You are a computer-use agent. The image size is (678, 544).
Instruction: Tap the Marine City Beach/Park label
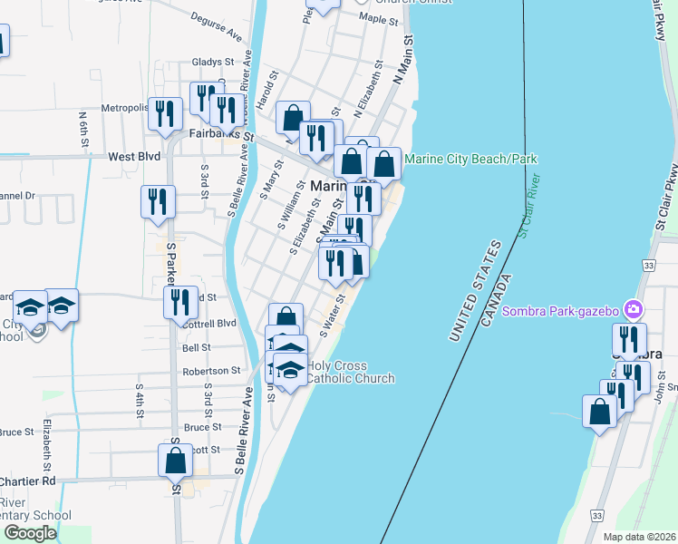(x=470, y=159)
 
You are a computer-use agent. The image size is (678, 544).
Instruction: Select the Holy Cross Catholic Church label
(x=350, y=372)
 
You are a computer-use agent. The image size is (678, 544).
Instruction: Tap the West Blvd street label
(x=134, y=156)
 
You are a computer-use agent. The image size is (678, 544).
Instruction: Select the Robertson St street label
(x=210, y=371)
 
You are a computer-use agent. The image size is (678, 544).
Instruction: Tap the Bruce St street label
(x=203, y=426)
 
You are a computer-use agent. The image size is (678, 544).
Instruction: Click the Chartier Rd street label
(x=27, y=481)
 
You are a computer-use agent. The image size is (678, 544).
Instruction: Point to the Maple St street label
(x=379, y=17)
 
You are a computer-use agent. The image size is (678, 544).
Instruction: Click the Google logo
(x=31, y=533)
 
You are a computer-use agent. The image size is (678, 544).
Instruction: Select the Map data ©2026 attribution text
(x=640, y=537)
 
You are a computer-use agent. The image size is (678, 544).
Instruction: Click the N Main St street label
(x=402, y=61)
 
